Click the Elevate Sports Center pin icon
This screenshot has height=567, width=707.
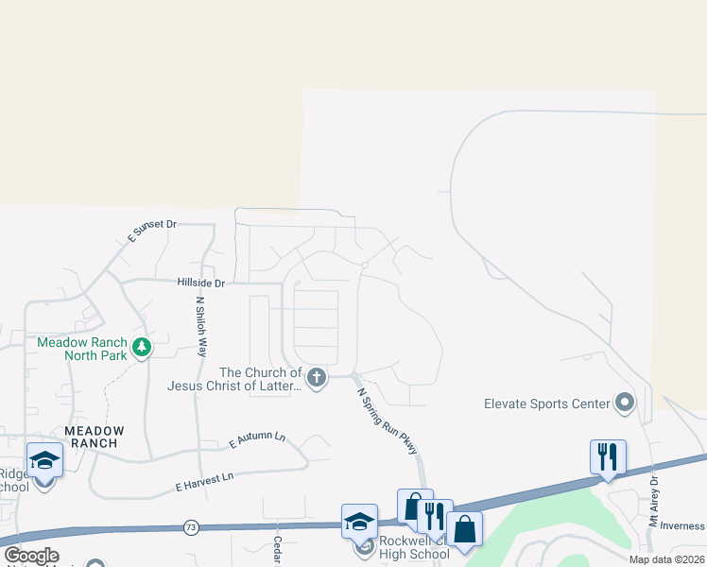pyautogui.click(x=625, y=404)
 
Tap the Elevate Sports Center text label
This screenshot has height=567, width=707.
pyautogui.click(x=547, y=404)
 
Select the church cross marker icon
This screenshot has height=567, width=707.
pyautogui.click(x=317, y=379)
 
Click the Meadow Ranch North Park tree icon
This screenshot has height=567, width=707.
pyautogui.click(x=142, y=348)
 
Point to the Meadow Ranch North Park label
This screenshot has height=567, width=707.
pyautogui.click(x=83, y=349)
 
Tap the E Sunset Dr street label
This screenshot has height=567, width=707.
pyautogui.click(x=152, y=231)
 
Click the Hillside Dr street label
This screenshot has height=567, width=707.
pyautogui.click(x=201, y=283)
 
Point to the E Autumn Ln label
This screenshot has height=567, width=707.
pyautogui.click(x=256, y=439)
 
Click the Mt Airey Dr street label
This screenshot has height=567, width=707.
pyautogui.click(x=653, y=501)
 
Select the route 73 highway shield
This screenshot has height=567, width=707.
pyautogui.click(x=192, y=526)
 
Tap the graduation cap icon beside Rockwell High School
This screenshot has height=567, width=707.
pyautogui.click(x=359, y=522)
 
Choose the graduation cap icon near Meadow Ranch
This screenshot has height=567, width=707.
pyautogui.click(x=44, y=460)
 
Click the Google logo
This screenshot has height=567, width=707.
pyautogui.click(x=31, y=556)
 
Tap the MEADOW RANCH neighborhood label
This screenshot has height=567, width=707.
pyautogui.click(x=91, y=437)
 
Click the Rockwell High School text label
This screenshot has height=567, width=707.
pyautogui.click(x=413, y=548)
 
